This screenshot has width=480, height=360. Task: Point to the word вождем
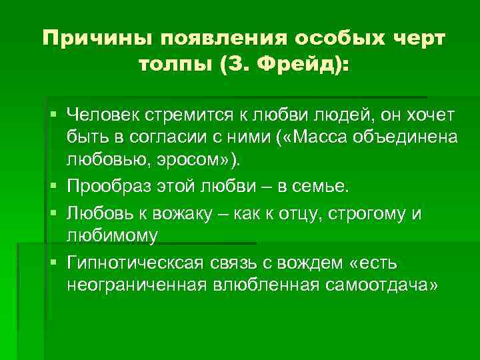coord(313,260)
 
